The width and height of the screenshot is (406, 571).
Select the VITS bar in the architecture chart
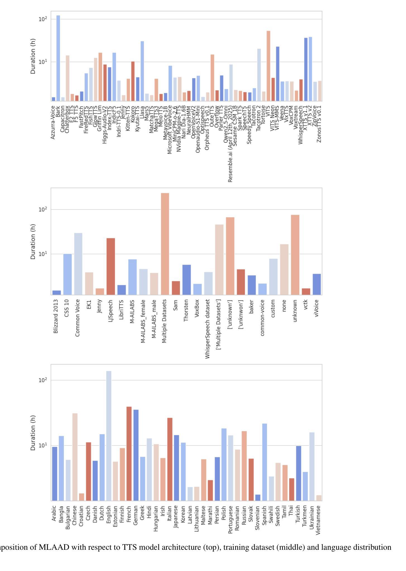[268, 66]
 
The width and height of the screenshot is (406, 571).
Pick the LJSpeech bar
[111, 266]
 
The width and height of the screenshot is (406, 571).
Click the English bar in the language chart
[109, 436]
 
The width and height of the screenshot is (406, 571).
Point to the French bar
[129, 454]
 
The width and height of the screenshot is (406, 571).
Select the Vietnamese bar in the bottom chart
[319, 498]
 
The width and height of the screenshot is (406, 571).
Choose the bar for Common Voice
[78, 264]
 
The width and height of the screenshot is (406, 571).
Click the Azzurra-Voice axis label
[53, 122]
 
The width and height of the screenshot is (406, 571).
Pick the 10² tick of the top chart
[43, 19]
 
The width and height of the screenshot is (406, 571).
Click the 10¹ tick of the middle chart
[43, 254]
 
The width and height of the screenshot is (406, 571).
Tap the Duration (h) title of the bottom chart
[33, 433]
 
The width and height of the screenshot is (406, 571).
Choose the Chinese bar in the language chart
[75, 457]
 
